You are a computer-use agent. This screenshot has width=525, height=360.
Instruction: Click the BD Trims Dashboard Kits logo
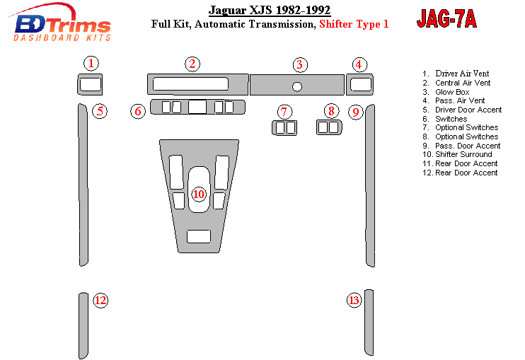click(60, 23)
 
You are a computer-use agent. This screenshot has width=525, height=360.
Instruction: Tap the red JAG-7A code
click(446, 18)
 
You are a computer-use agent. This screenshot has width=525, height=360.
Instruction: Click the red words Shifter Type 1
click(354, 24)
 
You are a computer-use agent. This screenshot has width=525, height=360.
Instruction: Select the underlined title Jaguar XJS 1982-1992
click(270, 11)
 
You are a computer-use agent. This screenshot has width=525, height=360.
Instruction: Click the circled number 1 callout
click(91, 63)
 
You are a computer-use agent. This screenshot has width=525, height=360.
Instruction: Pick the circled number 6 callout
click(138, 111)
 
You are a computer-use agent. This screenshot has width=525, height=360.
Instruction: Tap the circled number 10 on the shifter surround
click(199, 194)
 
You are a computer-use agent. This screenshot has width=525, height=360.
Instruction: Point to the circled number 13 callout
click(354, 300)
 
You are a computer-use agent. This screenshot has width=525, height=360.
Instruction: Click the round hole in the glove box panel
click(297, 87)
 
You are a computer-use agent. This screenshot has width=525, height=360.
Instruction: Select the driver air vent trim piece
click(90, 84)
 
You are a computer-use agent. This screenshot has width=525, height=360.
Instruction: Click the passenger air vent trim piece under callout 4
click(359, 84)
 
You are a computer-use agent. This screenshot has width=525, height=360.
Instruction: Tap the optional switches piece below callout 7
click(284, 128)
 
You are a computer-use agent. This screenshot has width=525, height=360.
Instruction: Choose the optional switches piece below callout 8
click(329, 127)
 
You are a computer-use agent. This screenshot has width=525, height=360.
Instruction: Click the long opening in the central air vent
click(190, 84)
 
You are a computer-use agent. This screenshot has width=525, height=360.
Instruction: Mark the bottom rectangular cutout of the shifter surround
click(199, 236)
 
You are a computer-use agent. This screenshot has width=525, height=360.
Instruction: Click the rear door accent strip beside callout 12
click(83, 325)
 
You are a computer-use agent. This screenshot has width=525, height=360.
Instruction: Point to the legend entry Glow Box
click(452, 92)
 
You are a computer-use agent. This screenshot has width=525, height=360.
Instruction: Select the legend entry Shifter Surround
click(463, 154)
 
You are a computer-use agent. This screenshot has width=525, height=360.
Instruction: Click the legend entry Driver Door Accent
click(468, 110)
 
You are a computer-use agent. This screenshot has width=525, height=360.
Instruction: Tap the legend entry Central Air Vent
click(463, 83)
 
